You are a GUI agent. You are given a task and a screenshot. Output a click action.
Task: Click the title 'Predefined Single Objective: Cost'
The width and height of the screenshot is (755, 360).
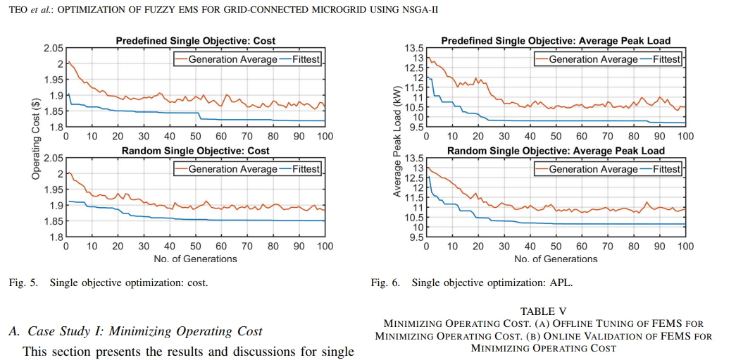[x=195, y=42]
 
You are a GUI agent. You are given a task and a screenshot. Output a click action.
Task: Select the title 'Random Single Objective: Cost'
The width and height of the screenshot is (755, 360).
[x=195, y=151]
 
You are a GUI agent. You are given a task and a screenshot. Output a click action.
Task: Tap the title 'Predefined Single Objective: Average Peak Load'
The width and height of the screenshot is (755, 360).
[x=556, y=41]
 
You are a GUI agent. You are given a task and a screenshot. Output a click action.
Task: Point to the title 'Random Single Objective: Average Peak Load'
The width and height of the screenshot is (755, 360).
[x=556, y=151]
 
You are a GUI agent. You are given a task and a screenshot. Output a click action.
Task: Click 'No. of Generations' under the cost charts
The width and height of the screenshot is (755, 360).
[x=195, y=259]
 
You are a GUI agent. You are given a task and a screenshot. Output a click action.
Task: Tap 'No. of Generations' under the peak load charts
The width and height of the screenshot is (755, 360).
[x=556, y=259]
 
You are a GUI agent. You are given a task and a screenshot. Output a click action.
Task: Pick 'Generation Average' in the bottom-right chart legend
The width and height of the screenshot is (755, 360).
[x=593, y=169]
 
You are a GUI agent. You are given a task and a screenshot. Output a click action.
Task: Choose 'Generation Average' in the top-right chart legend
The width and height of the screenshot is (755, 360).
[x=593, y=59]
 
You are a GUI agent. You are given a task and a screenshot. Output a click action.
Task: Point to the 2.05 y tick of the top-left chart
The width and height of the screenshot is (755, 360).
[x=54, y=48]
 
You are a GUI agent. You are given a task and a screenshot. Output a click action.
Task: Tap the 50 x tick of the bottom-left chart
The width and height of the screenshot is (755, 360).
[x=195, y=246]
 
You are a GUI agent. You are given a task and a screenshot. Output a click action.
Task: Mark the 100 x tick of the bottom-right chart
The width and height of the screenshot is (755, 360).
[x=685, y=246]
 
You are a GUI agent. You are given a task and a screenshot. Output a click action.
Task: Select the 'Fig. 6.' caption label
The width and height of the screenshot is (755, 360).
[x=385, y=283]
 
